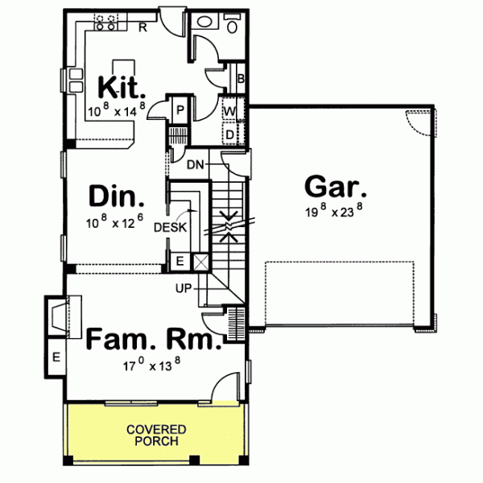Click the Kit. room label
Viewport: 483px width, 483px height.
coord(121,85)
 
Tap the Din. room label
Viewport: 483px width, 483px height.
coord(117,197)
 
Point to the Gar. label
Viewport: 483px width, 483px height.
coord(336,188)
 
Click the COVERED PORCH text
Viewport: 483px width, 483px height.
coord(156,436)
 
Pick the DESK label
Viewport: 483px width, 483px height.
coord(170,228)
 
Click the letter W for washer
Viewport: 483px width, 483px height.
coord(229,110)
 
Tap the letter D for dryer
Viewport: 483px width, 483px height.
coord(229,132)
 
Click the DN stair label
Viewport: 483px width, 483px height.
coord(195,165)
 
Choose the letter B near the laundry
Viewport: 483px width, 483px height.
coord(240,78)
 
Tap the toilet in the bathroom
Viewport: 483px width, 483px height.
coord(233,23)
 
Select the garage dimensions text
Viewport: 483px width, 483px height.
coord(336,213)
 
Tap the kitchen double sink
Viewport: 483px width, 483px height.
coord(74,80)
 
